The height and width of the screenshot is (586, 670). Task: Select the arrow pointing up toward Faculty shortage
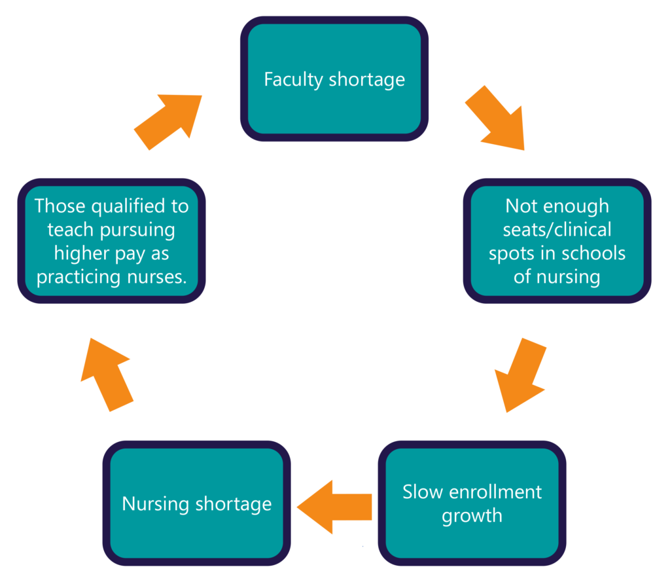[x=168, y=121]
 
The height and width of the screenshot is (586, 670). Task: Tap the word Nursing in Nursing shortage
[x=156, y=504]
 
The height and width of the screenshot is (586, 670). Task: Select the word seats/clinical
[x=557, y=230]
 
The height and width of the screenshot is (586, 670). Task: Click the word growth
[x=472, y=515]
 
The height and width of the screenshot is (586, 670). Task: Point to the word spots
[x=513, y=253]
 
